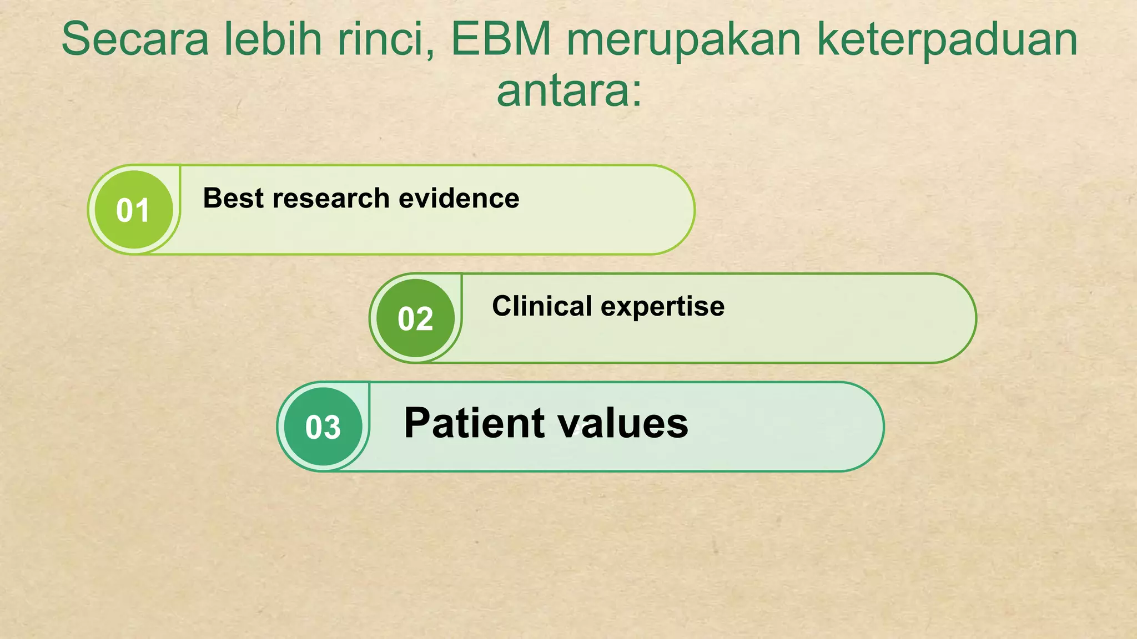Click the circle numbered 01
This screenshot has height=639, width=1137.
133,210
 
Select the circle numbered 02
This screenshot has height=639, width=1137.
415,318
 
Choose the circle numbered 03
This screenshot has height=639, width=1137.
323,427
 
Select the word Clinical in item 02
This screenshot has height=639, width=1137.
542,306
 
